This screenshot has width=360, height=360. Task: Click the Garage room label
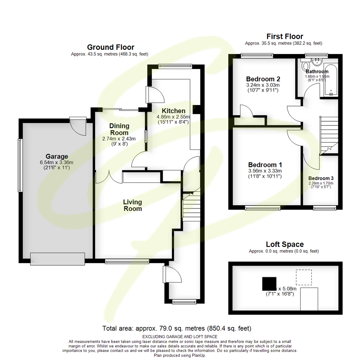(x=57, y=156)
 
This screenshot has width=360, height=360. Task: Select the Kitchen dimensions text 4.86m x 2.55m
(x=173, y=117)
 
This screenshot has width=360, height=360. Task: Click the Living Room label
(x=132, y=205)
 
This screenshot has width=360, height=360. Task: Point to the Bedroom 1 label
(x=265, y=165)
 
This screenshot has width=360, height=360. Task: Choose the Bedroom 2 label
(x=263, y=79)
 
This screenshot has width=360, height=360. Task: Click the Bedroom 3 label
(x=320, y=178)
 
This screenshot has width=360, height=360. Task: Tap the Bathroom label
(x=317, y=71)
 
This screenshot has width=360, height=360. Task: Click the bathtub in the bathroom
(x=331, y=80)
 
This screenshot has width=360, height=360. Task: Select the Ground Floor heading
(x=110, y=47)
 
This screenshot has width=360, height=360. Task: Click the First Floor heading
(x=285, y=36)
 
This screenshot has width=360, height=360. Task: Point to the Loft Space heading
(x=285, y=244)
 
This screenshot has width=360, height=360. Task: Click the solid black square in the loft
(x=269, y=283)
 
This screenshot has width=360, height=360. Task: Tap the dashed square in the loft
(x=304, y=277)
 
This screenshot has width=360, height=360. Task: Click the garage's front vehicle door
(x=57, y=259)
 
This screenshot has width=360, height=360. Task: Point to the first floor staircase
(x=329, y=135)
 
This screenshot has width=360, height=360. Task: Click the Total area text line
(x=177, y=328)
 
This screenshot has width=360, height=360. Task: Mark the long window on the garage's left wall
(x=20, y=165)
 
